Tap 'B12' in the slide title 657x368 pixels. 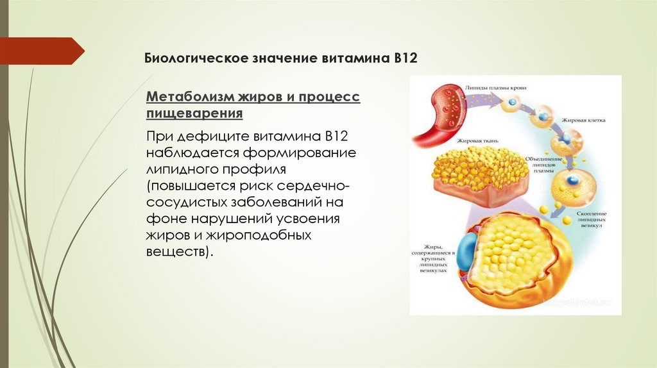point(405,58)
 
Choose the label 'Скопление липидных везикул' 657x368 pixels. point(592,219)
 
